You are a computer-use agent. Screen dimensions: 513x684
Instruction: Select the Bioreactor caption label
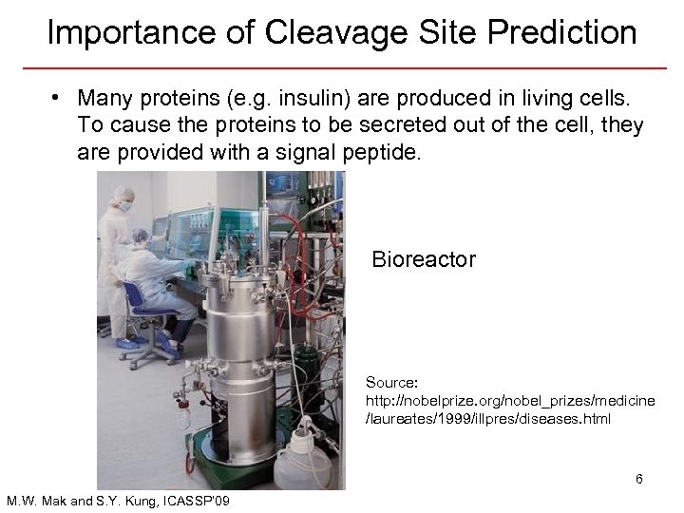pyautogui.click(x=423, y=258)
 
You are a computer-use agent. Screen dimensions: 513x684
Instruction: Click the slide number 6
pyautogui.click(x=639, y=479)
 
